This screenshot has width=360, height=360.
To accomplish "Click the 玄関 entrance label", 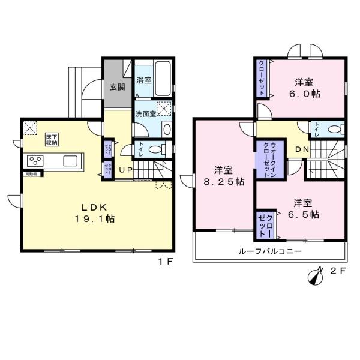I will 117,86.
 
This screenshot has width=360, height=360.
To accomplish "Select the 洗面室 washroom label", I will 145,113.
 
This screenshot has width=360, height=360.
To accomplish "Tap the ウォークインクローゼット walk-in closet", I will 265,157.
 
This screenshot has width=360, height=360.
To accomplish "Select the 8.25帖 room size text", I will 222,181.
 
